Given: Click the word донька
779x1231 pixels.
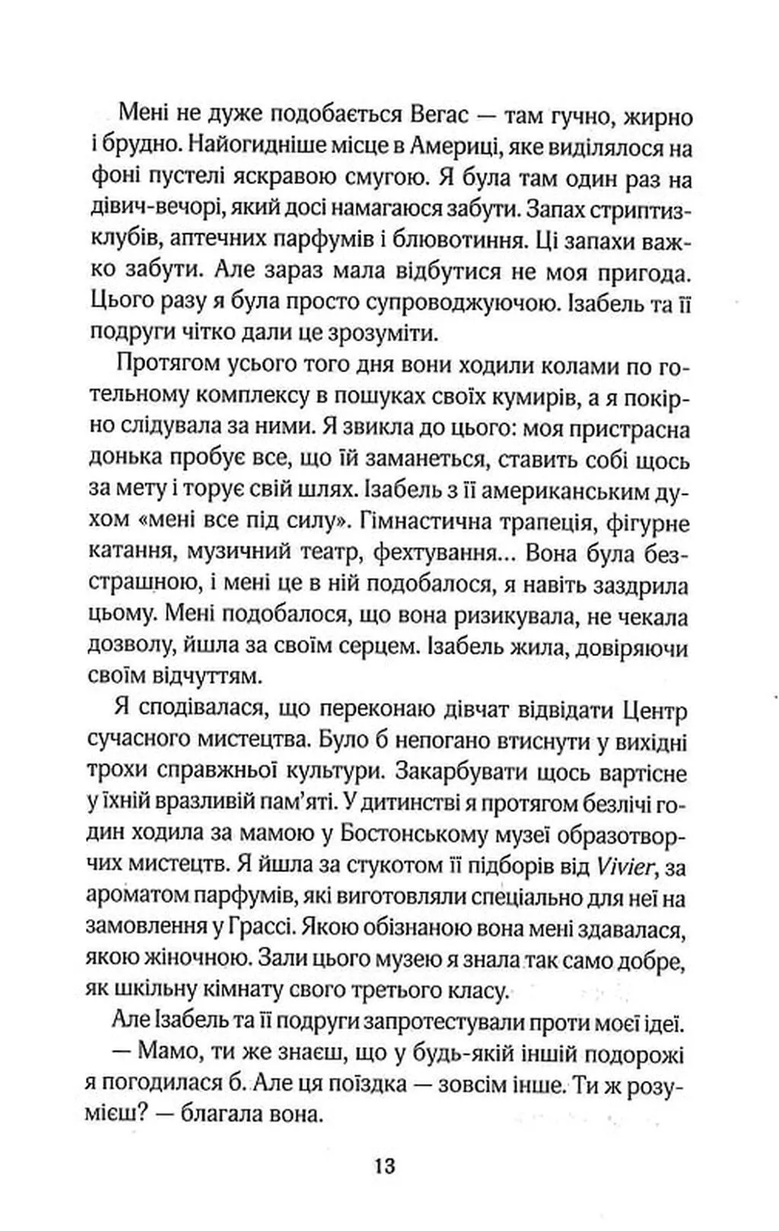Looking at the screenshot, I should (126, 460).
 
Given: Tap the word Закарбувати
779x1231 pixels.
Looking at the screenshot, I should (463, 773).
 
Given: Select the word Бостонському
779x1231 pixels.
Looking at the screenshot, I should (410, 835).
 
